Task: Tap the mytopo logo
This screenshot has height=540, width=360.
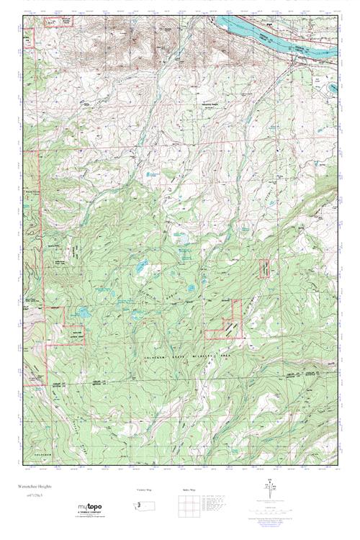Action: (94, 508)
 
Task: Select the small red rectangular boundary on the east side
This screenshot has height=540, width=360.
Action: (265, 268)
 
